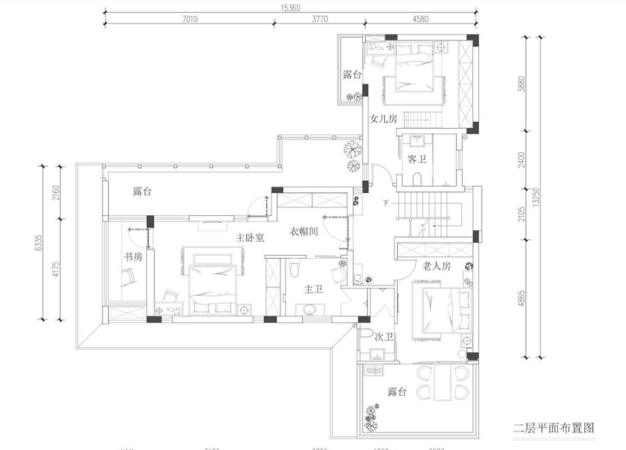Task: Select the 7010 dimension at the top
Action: pyautogui.click(x=190, y=20)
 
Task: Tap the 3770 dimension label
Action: pyautogui.click(x=319, y=20)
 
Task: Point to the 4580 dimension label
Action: pyautogui.click(x=420, y=20)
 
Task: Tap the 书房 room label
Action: pyautogui.click(x=133, y=257)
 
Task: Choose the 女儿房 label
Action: pyautogui.click(x=383, y=119)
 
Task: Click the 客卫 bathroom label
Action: pyautogui.click(x=417, y=159)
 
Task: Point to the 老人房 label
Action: pyautogui.click(x=437, y=266)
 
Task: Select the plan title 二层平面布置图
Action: pyautogui.click(x=554, y=427)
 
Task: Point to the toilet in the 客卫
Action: pyautogui.click(x=417, y=179)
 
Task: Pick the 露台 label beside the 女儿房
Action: pyautogui.click(x=352, y=75)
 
